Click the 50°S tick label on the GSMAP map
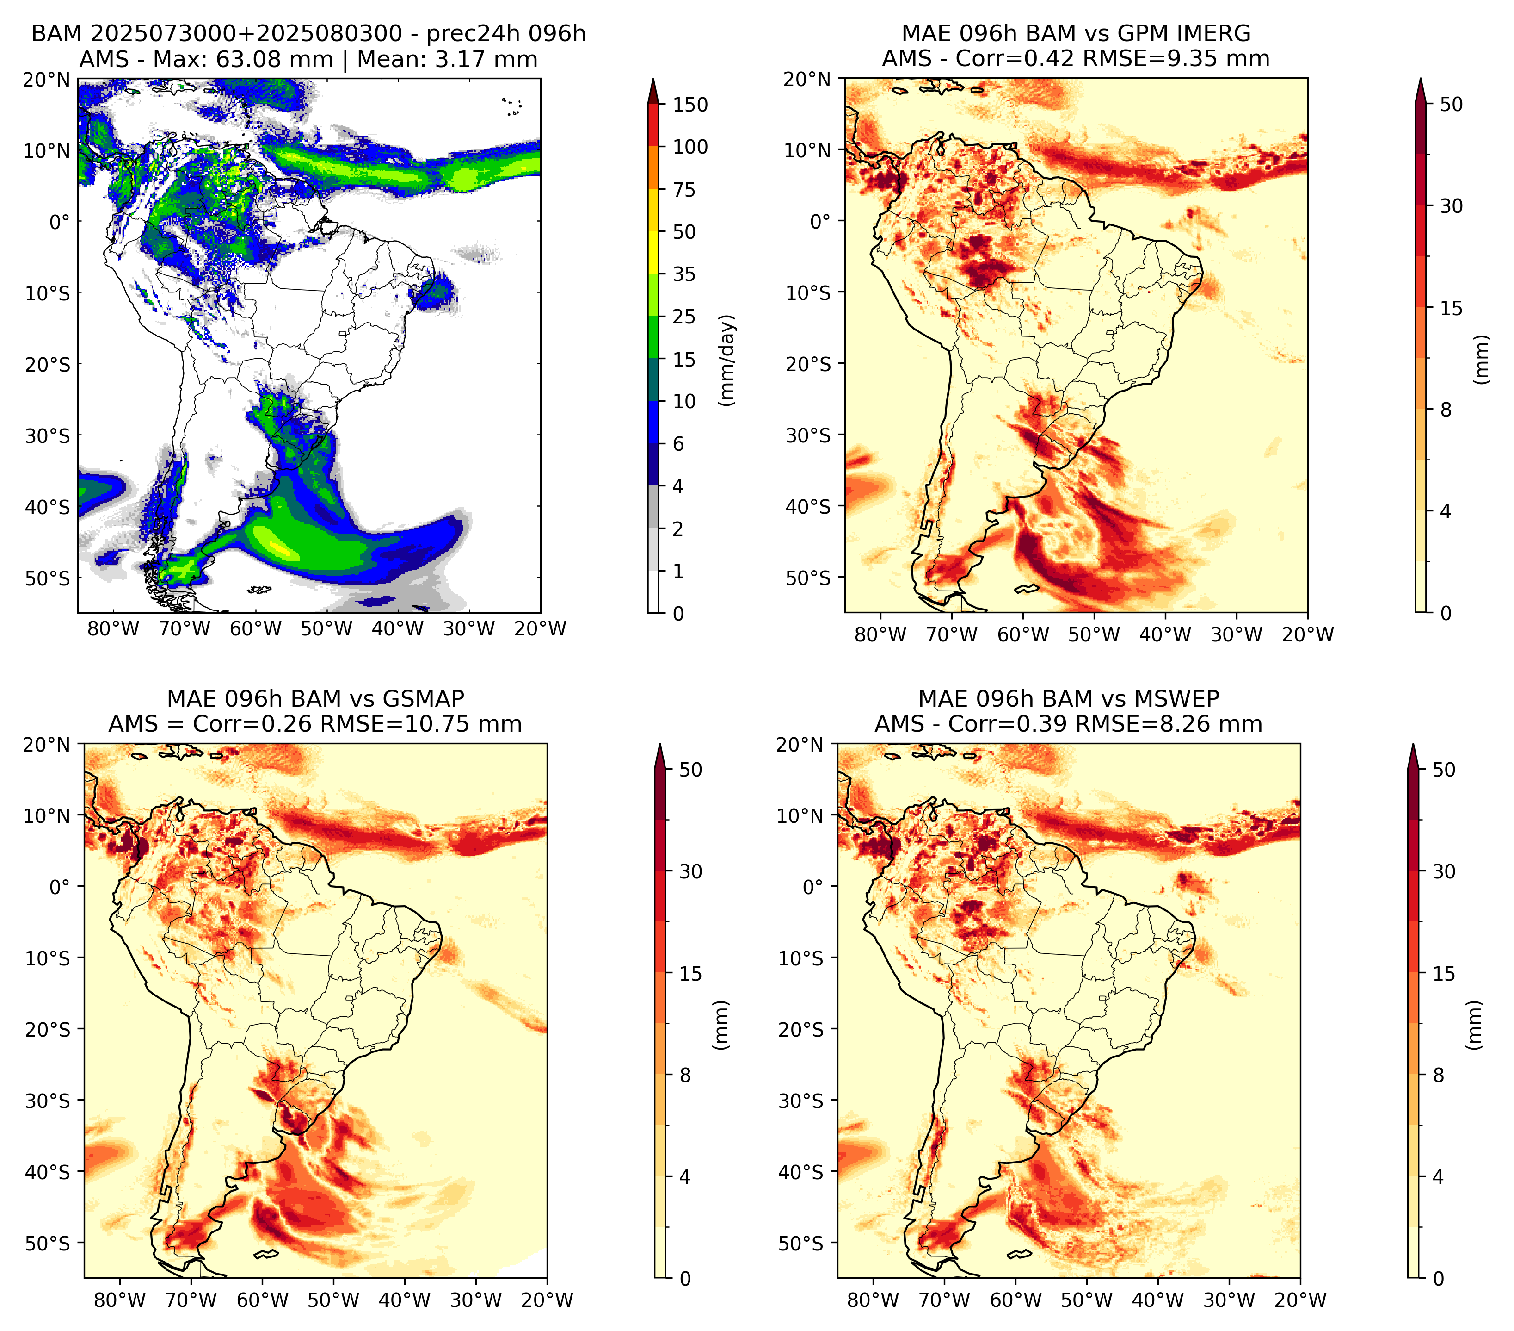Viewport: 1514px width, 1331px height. click(x=48, y=1243)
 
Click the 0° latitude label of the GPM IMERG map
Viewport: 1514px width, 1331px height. click(x=821, y=221)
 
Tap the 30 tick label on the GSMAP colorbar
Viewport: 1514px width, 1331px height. click(x=690, y=871)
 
